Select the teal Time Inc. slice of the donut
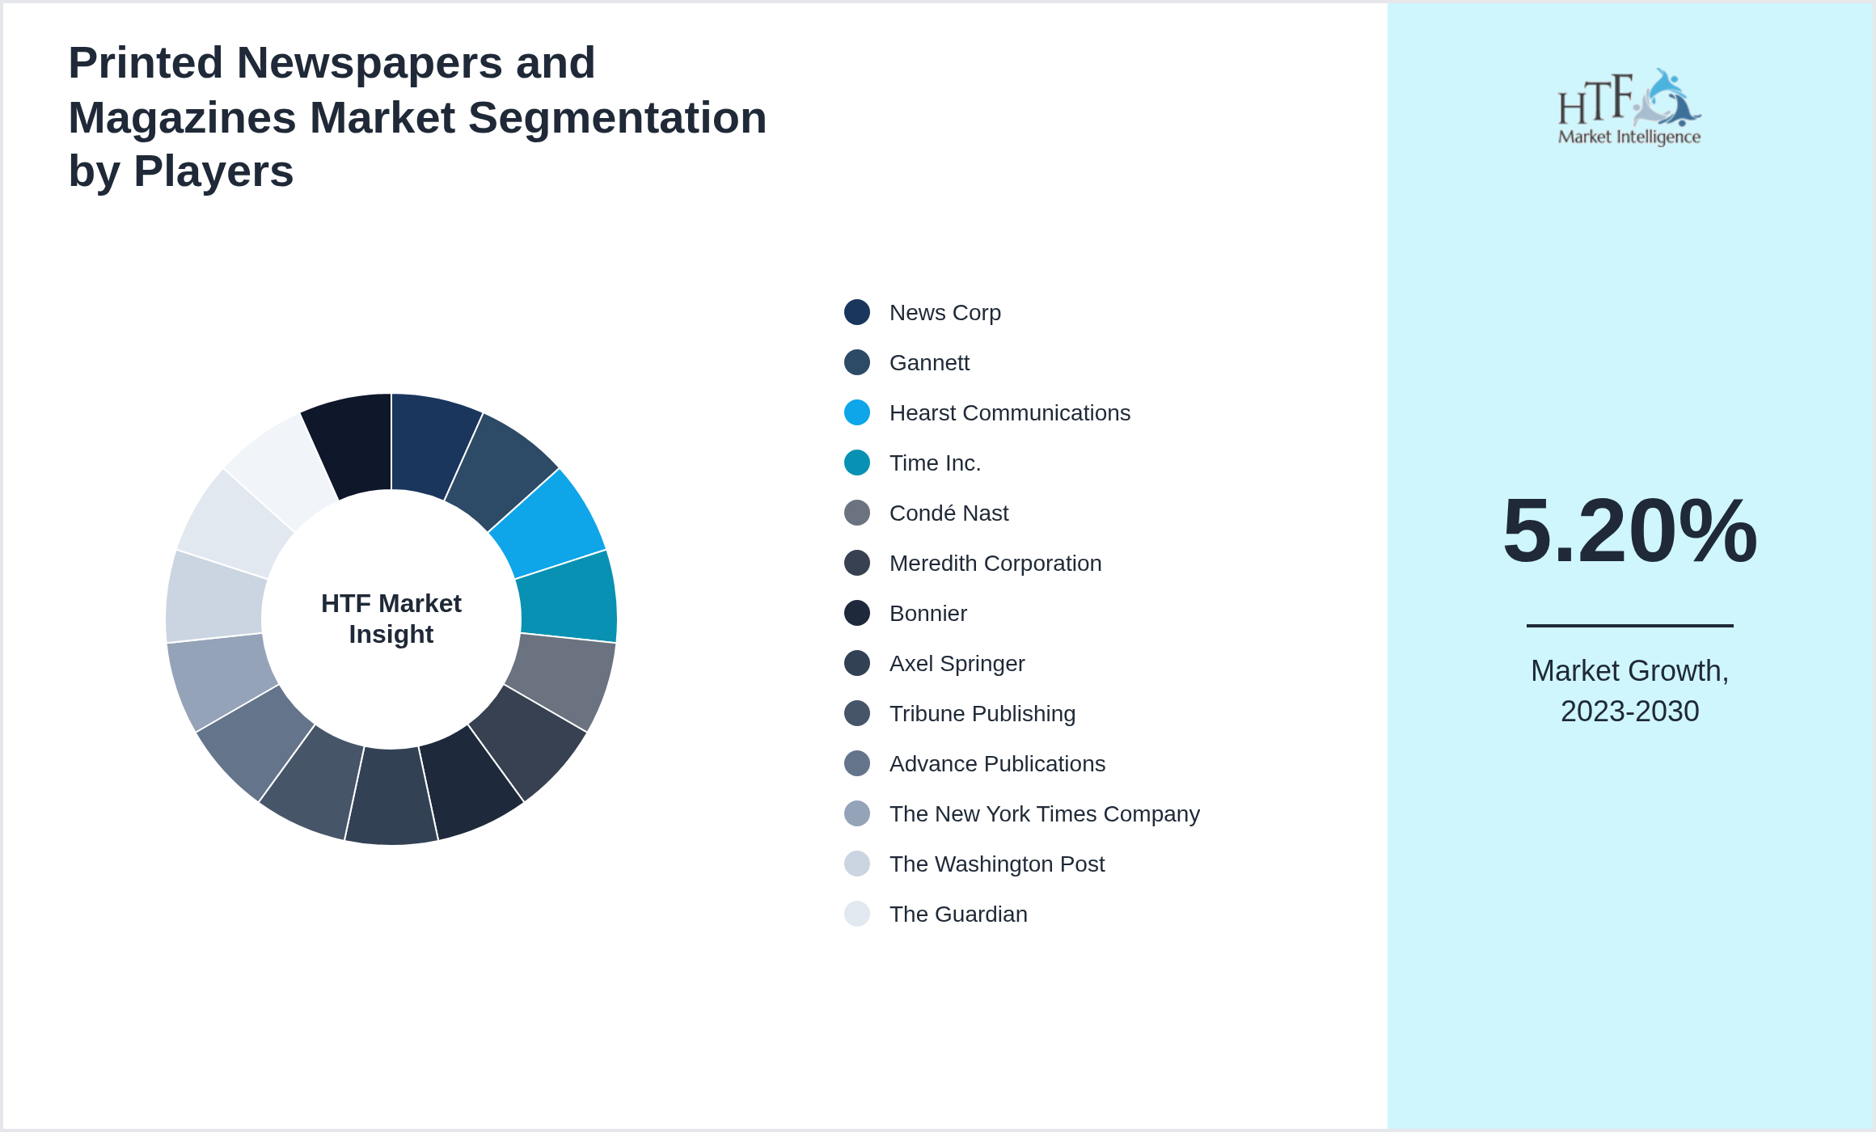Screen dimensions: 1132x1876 point(568,597)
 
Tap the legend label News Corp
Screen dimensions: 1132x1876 point(944,312)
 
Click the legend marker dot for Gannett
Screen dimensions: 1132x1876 point(857,362)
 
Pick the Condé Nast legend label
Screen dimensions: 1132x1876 point(949,513)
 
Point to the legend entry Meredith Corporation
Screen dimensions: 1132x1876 point(995,563)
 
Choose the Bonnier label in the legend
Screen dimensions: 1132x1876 point(927,613)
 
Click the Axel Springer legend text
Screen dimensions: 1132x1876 point(957,663)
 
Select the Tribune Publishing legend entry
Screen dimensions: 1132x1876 point(982,713)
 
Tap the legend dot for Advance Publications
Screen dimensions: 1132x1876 point(857,763)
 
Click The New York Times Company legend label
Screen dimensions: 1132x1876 point(1044,813)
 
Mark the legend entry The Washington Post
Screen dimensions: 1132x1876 point(996,864)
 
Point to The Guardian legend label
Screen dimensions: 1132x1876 point(958,914)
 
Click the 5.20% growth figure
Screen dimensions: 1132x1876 point(1629,531)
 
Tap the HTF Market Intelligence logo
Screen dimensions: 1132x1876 point(1629,108)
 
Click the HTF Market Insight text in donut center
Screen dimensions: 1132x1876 point(391,619)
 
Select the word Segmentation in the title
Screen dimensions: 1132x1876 point(617,117)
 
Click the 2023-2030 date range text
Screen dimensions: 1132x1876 point(1629,712)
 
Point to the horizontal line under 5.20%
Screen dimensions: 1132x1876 point(1629,625)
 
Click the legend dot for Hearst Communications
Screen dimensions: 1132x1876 point(857,412)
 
